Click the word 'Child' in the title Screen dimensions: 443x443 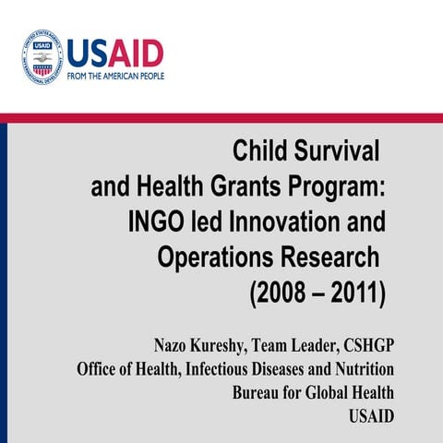(261, 149)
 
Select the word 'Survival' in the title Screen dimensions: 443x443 (337, 149)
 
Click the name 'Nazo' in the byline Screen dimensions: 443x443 (172, 346)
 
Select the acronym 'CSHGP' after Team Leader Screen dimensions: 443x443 (366, 346)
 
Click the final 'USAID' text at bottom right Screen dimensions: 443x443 (371, 415)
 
